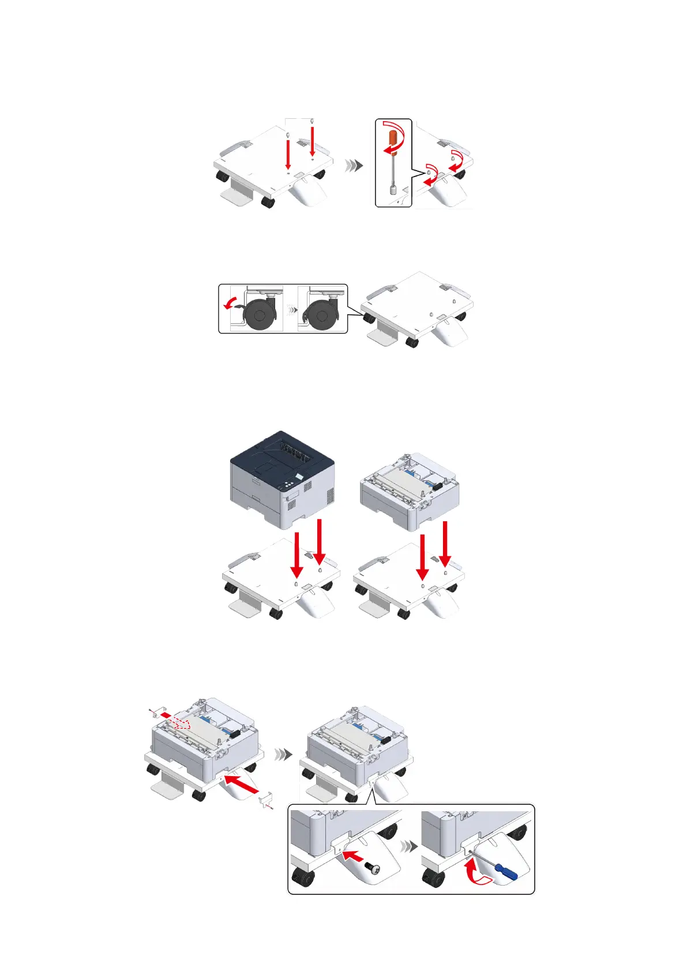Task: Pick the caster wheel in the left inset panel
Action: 257,315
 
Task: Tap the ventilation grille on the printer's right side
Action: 329,494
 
